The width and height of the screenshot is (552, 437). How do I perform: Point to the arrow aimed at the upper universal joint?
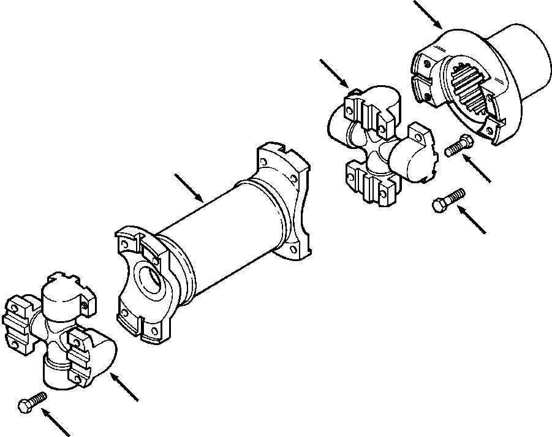[335, 73]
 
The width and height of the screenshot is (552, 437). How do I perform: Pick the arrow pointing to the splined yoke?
[428, 13]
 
